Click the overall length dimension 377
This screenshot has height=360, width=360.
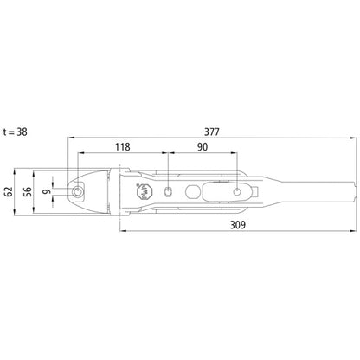[x=212, y=132]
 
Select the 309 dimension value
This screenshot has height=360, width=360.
[x=238, y=225]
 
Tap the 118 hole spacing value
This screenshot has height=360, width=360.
[x=123, y=147]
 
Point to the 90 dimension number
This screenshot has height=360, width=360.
[x=202, y=147]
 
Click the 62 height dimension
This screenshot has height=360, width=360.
[x=9, y=191]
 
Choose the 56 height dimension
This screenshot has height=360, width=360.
[x=28, y=192]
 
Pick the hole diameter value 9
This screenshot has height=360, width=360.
[x=47, y=191]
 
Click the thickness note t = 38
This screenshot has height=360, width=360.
[x=16, y=132]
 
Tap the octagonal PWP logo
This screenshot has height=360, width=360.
[x=143, y=192]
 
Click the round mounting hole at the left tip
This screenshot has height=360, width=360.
[x=77, y=191]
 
